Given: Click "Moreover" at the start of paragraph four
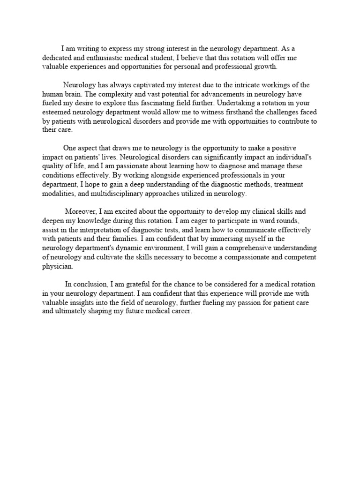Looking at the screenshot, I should point(80,212).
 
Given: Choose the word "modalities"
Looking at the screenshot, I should point(58,194).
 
